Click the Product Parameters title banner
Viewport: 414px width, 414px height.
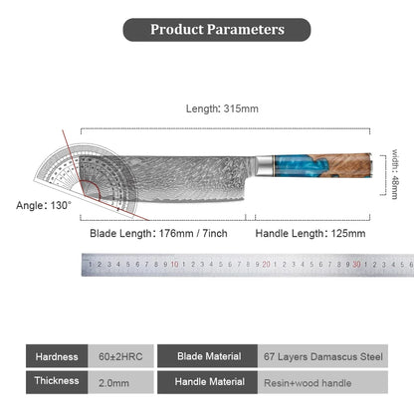(217, 30)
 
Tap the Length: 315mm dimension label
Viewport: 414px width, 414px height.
(222, 108)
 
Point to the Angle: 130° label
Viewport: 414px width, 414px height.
(44, 205)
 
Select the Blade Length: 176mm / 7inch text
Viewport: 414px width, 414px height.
(158, 233)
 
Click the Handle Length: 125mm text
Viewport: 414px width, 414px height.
(310, 233)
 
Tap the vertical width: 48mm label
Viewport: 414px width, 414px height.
(395, 174)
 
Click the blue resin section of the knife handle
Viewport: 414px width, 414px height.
(292, 166)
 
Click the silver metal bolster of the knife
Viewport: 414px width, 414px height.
(265, 165)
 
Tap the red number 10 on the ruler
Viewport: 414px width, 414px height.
(174, 265)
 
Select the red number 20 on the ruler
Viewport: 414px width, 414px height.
(266, 265)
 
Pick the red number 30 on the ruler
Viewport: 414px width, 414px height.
(356, 265)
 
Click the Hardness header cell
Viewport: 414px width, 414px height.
(57, 356)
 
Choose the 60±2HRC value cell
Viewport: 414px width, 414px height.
(120, 356)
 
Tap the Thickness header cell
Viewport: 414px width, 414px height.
(57, 382)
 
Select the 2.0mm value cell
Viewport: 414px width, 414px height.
(120, 382)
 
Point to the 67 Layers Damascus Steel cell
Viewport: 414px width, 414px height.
(322, 356)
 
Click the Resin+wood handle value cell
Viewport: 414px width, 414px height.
(322, 382)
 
